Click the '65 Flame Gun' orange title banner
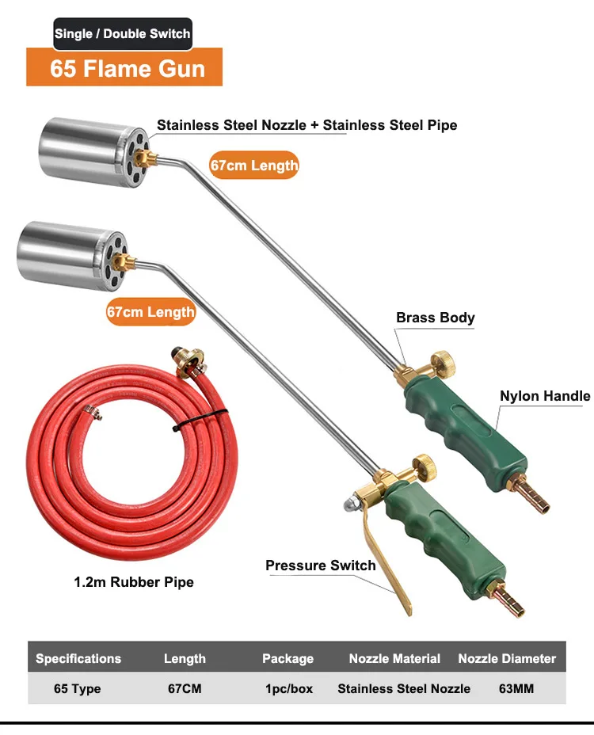tap(125, 68)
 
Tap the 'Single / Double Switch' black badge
tap(122, 34)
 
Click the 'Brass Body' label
tap(435, 318)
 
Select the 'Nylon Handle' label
tap(544, 396)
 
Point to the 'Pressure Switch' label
tap(320, 566)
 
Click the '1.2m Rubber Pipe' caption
tap(133, 582)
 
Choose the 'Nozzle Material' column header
tap(394, 658)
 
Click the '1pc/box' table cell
tap(288, 688)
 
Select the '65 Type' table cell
tap(77, 688)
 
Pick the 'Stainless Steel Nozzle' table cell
tap(404, 688)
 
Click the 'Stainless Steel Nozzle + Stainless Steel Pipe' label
tap(307, 125)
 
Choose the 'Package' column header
tap(287, 658)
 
